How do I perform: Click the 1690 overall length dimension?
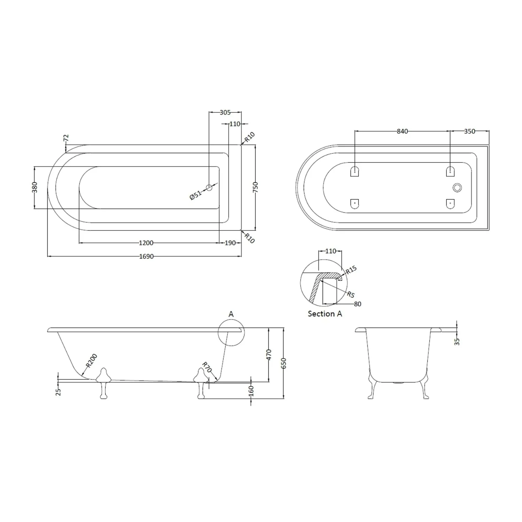click(146, 256)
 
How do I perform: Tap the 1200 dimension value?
click(146, 243)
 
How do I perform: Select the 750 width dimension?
click(255, 187)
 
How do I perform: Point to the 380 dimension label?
click(34, 188)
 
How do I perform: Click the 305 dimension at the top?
click(225, 112)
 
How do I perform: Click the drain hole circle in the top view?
click(209, 188)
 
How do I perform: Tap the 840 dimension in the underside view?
click(402, 131)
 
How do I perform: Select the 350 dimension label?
click(470, 131)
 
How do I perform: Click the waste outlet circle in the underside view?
click(457, 188)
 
